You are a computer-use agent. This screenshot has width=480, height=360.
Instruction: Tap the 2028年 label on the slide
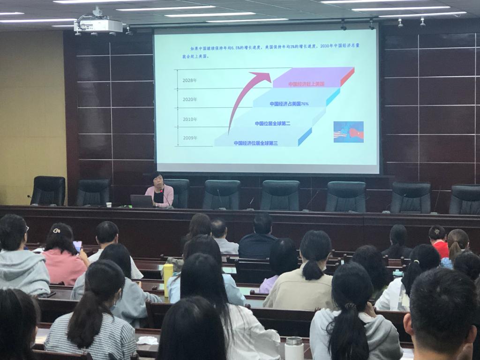190,80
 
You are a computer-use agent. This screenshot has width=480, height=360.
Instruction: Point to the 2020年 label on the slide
190,99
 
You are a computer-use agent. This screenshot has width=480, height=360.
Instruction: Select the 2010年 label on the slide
190,119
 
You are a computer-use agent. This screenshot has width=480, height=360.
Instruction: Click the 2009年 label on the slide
190,138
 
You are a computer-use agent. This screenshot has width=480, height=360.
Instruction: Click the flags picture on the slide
348,132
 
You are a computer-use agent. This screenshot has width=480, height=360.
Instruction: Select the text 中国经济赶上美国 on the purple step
307,84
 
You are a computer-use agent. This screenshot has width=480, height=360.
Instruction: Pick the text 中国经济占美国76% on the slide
289,104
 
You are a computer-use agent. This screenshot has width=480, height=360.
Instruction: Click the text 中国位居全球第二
272,123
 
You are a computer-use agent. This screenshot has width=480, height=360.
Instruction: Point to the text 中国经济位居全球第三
255,143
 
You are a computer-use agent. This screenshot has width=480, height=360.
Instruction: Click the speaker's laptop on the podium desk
142,202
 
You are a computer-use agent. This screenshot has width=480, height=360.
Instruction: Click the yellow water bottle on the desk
168,279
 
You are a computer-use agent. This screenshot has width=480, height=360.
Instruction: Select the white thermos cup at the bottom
294,348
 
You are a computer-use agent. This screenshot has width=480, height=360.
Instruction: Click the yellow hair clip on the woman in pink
57,230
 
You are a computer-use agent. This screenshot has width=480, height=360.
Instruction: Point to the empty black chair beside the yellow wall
48,191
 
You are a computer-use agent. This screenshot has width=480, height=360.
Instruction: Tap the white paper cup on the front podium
109,205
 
